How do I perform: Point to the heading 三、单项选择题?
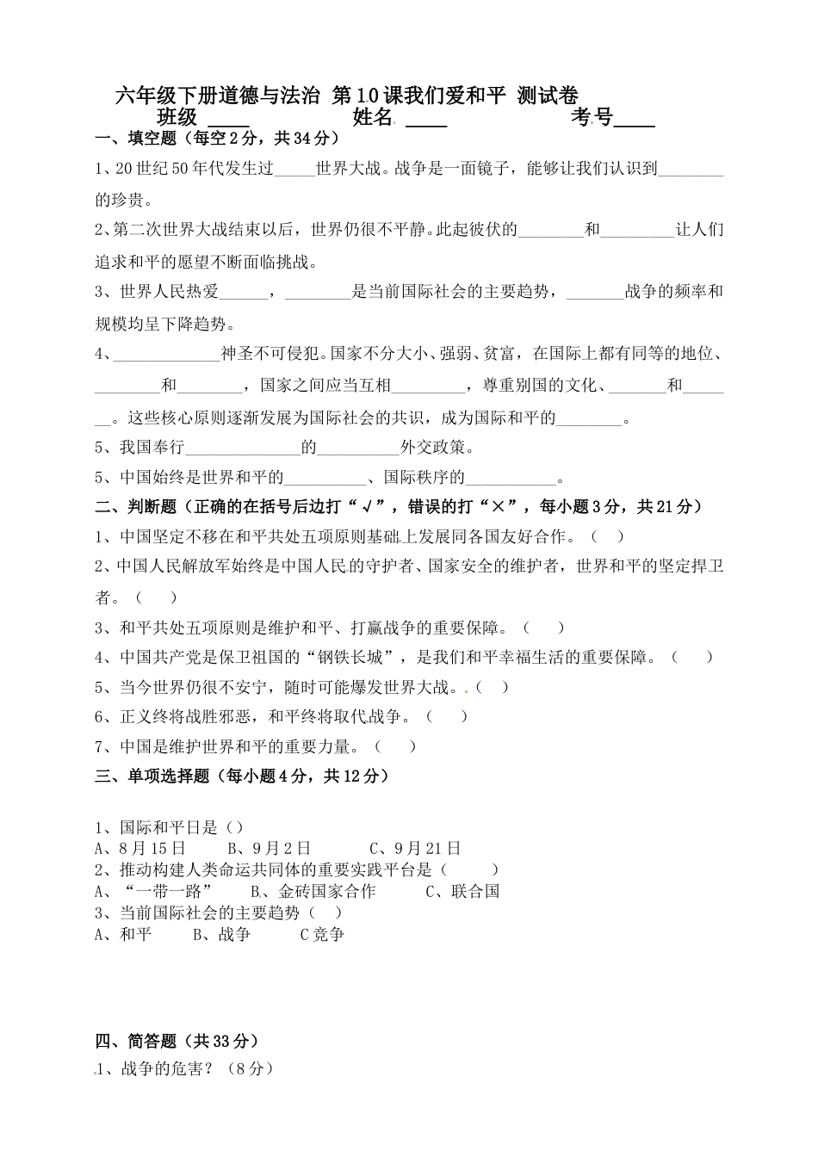(x=152, y=776)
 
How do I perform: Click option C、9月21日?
(x=415, y=849)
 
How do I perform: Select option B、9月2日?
(x=269, y=849)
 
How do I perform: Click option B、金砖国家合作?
(x=313, y=892)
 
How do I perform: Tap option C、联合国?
(x=462, y=892)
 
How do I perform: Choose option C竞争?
(x=321, y=934)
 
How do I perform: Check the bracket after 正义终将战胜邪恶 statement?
(x=447, y=716)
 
